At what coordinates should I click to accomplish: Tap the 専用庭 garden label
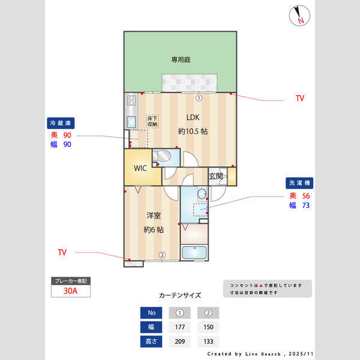click(x=181, y=59)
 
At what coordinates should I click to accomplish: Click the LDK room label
click(x=193, y=117)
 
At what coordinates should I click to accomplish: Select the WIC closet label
click(x=140, y=169)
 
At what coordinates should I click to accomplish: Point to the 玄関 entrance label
click(x=216, y=176)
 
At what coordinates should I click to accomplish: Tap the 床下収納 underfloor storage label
click(x=152, y=121)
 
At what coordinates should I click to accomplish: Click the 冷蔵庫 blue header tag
click(x=60, y=123)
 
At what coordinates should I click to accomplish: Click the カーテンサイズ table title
click(x=180, y=295)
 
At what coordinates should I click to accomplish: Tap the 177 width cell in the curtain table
click(x=179, y=327)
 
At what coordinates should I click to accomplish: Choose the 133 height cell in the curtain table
click(x=208, y=341)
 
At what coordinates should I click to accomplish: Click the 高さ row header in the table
click(x=151, y=341)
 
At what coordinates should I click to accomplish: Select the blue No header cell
click(x=151, y=313)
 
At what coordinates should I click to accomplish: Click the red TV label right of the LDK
click(x=299, y=97)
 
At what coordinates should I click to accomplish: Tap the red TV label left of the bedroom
click(x=62, y=252)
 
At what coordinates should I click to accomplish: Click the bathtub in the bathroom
click(x=194, y=253)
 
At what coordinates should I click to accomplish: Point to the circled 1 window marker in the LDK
click(x=199, y=98)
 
